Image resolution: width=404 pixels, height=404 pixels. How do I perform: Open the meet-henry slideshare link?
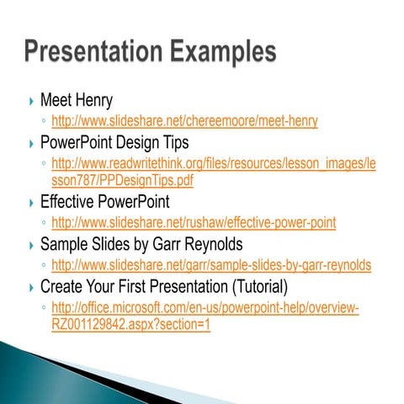184,121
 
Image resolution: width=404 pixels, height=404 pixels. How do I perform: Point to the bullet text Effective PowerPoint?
104,202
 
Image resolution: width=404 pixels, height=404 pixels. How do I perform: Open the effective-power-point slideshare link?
194,223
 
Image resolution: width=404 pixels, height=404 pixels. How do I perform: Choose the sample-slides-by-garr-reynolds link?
211,265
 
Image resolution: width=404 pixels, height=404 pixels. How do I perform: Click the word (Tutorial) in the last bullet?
252,286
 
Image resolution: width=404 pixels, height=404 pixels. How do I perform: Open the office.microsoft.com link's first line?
205,307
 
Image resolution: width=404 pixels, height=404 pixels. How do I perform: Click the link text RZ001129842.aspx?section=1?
130,325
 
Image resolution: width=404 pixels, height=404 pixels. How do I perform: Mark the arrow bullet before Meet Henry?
31,102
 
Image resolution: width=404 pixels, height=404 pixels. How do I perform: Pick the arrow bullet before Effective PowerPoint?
31,203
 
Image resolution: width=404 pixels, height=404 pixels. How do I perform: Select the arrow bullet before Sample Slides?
31,245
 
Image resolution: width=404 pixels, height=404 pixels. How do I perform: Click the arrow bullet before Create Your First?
31,287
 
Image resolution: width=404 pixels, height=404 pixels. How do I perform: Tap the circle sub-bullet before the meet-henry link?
44,122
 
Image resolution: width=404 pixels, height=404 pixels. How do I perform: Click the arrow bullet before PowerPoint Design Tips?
31,142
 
